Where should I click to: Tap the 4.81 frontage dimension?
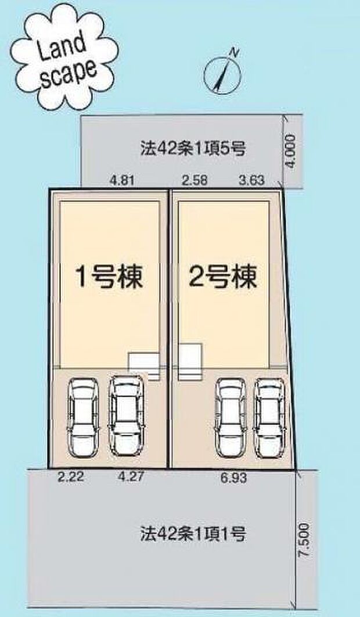(x=122, y=181)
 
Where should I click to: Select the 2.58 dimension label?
(x=193, y=181)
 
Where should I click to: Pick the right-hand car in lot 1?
(x=126, y=415)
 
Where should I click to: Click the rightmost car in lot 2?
(x=271, y=417)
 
